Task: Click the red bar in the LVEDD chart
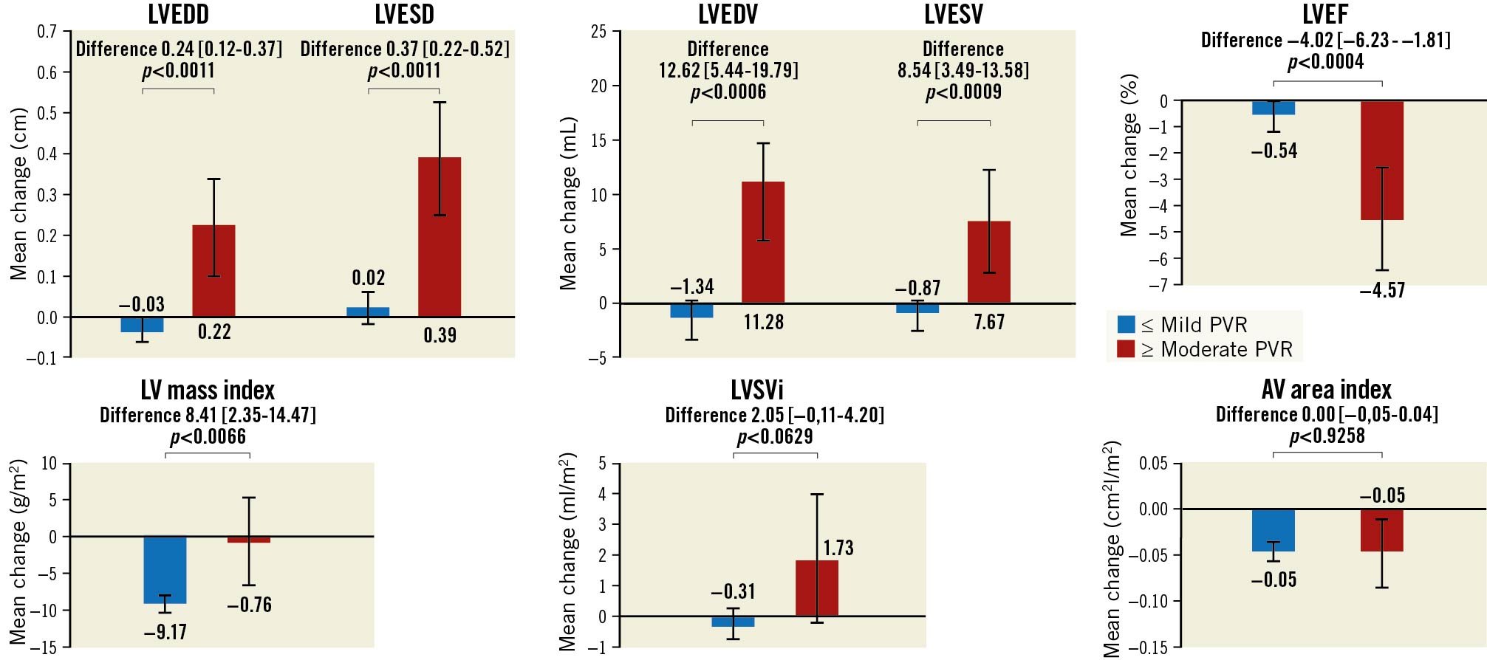pyautogui.click(x=213, y=271)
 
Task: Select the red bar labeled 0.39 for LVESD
pyautogui.click(x=440, y=237)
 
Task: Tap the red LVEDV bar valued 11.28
pyautogui.click(x=763, y=242)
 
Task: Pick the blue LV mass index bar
pyautogui.click(x=165, y=570)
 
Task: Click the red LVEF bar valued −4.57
pyautogui.click(x=1381, y=160)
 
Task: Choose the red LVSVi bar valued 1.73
pyautogui.click(x=817, y=588)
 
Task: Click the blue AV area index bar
pyautogui.click(x=1274, y=530)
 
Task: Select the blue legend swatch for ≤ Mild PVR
pyautogui.click(x=1126, y=324)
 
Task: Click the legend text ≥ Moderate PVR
pyautogui.click(x=1226, y=349)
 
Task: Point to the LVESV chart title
pyautogui.click(x=953, y=14)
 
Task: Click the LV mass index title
pyautogui.click(x=208, y=390)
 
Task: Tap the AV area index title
pyautogui.click(x=1327, y=389)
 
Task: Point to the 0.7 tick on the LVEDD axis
pyautogui.click(x=47, y=32)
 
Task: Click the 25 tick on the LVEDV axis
pyautogui.click(x=598, y=32)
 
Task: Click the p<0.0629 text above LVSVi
pyautogui.click(x=774, y=437)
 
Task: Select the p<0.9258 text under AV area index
pyautogui.click(x=1327, y=436)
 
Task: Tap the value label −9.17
pyautogui.click(x=165, y=632)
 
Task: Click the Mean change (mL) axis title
pyautogui.click(x=567, y=203)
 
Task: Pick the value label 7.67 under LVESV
pyautogui.click(x=989, y=322)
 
